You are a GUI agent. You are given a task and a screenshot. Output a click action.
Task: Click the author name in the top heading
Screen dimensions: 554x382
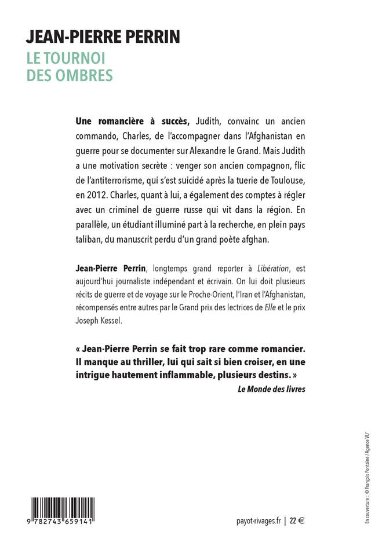pyautogui.click(x=103, y=39)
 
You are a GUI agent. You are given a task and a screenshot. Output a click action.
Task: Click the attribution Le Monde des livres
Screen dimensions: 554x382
pyautogui.click(x=271, y=389)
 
